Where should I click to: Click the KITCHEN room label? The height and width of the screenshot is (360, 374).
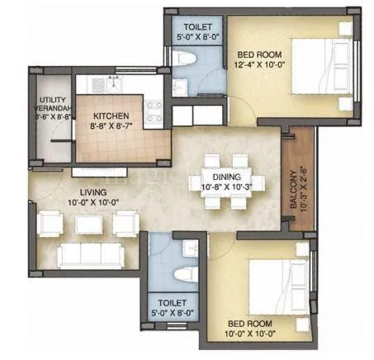coord(109,116)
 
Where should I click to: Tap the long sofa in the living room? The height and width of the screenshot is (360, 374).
coord(87,255)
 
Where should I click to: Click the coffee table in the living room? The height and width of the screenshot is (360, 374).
coord(87,223)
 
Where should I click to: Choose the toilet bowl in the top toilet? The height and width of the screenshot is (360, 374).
coord(187,61)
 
